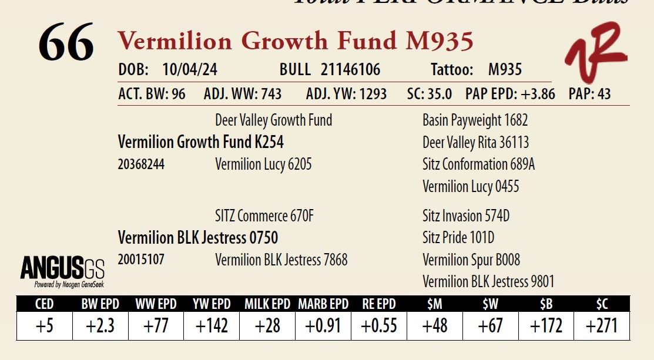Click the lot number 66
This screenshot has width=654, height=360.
66,43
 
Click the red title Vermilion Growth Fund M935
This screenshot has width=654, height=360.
296,41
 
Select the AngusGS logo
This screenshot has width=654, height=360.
62,271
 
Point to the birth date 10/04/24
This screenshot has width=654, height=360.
190,70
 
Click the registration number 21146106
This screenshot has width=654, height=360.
350,70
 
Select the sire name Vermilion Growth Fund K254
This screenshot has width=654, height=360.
201,142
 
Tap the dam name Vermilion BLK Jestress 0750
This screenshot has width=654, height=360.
198,238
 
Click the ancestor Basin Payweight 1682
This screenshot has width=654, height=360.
475,120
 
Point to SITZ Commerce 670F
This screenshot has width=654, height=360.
264,216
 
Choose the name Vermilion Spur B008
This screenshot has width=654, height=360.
471,260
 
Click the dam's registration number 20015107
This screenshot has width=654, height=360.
141,260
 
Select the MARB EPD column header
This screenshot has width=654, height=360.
323,304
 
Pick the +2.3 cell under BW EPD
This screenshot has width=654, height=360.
100,326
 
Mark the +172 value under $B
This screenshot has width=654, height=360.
546,326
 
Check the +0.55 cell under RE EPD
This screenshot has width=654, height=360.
379,326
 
